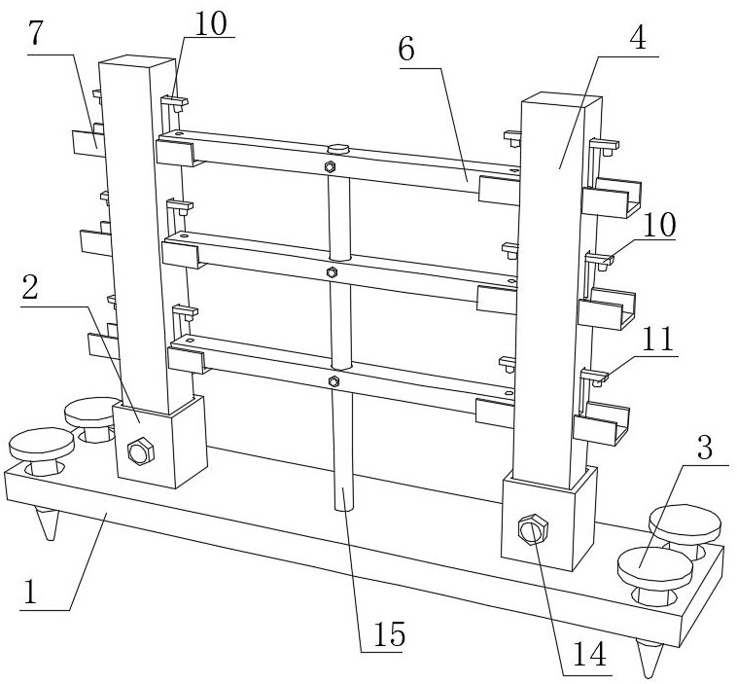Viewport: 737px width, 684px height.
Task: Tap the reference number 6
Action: [x=407, y=49]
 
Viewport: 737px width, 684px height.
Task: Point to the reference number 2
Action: [x=30, y=287]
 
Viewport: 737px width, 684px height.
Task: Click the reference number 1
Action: [x=30, y=592]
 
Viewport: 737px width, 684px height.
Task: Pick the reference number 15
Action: [x=389, y=633]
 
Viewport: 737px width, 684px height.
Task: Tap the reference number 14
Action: [x=590, y=654]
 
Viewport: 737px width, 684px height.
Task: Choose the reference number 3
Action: [x=705, y=447]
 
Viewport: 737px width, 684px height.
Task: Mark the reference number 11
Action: [x=658, y=339]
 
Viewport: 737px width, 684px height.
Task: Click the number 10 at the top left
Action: [x=211, y=23]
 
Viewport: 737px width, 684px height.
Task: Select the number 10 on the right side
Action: [x=659, y=225]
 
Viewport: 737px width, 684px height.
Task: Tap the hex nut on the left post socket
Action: [x=141, y=450]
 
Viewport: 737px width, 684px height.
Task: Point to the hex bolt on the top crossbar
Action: [x=330, y=166]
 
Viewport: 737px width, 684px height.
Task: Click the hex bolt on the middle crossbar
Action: [x=332, y=271]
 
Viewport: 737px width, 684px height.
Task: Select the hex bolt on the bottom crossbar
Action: [x=333, y=380]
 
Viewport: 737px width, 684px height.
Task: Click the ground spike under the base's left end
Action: [x=49, y=523]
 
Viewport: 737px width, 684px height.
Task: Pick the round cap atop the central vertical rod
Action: [x=338, y=149]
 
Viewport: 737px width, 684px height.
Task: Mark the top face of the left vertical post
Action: [x=137, y=62]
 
